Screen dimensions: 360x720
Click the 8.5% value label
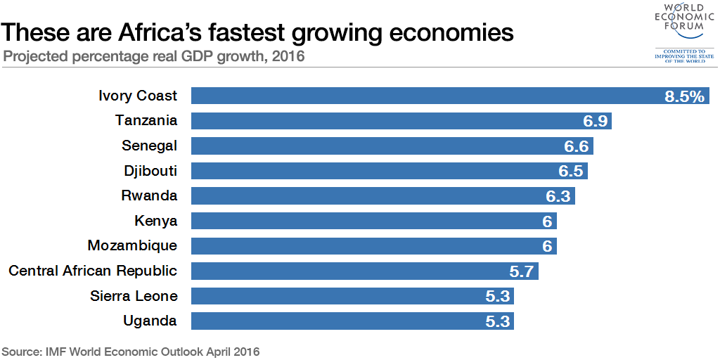pos(684,97)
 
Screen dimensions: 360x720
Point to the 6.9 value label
pos(595,122)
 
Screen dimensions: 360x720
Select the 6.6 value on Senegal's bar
pos(577,147)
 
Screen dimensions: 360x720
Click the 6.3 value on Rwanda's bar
pos(558,196)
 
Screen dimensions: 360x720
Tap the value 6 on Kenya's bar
pos(546,221)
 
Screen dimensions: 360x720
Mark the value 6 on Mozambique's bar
pos(546,247)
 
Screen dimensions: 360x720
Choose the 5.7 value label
pos(522,271)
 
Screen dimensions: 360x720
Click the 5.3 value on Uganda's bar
pos(497,321)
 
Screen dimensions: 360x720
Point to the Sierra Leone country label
pos(134,296)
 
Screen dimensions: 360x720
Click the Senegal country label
pos(149,146)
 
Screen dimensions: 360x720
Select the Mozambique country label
pos(132,246)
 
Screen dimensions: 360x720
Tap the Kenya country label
pos(155,221)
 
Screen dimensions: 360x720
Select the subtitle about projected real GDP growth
pos(154,56)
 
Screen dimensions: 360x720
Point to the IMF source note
pos(131,351)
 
